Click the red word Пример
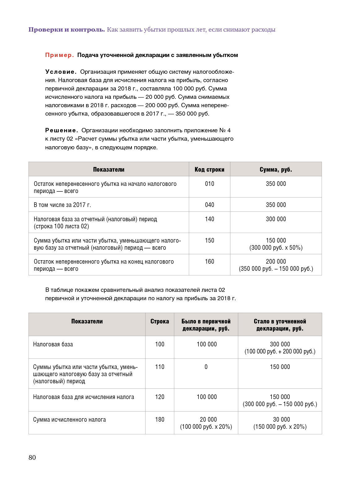point(59,55)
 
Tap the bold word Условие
point(61,72)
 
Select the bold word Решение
point(62,130)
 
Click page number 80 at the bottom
point(32,458)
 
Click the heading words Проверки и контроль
point(67,30)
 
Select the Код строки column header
point(209,169)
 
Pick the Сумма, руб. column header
point(275,169)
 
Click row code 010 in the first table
point(210,184)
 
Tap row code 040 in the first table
point(210,205)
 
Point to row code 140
point(210,219)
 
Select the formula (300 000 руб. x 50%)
point(276,248)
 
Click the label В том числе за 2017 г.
point(62,205)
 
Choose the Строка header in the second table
point(159,321)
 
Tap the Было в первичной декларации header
point(206,325)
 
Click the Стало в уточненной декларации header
point(280,325)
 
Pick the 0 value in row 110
point(206,367)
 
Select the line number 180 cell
point(160,419)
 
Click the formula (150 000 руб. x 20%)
point(280,427)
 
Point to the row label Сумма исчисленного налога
point(69,419)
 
